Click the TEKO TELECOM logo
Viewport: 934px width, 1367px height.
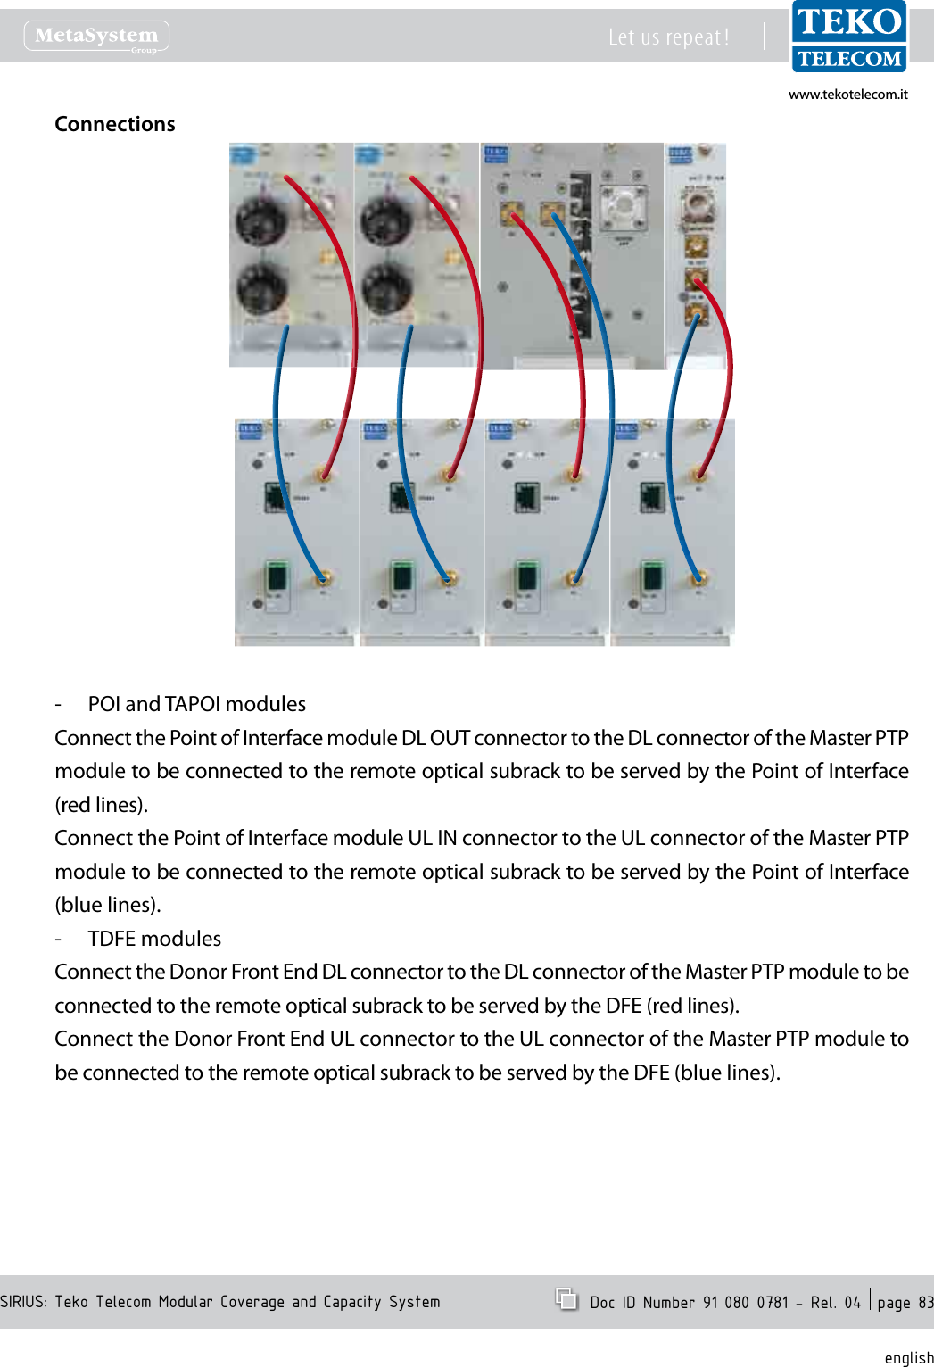(848, 37)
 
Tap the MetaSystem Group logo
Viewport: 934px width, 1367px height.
(96, 37)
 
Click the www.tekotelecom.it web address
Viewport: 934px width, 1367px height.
(847, 95)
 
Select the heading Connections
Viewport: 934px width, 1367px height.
(115, 124)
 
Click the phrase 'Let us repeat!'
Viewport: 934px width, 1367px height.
(668, 37)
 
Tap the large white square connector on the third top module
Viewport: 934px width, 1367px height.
(624, 207)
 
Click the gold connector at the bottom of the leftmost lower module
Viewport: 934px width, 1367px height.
(324, 579)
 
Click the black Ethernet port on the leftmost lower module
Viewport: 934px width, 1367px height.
(276, 496)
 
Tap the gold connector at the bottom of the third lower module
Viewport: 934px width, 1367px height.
(574, 579)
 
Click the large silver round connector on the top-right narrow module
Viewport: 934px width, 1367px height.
(697, 206)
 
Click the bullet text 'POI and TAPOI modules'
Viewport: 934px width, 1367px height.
(196, 704)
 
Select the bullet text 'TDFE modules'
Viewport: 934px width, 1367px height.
(154, 939)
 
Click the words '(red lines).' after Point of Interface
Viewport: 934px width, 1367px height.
(101, 805)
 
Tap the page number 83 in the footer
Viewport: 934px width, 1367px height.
(925, 1303)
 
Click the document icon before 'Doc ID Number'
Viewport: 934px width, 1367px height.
(566, 1299)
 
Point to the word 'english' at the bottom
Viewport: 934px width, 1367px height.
(908, 1357)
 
